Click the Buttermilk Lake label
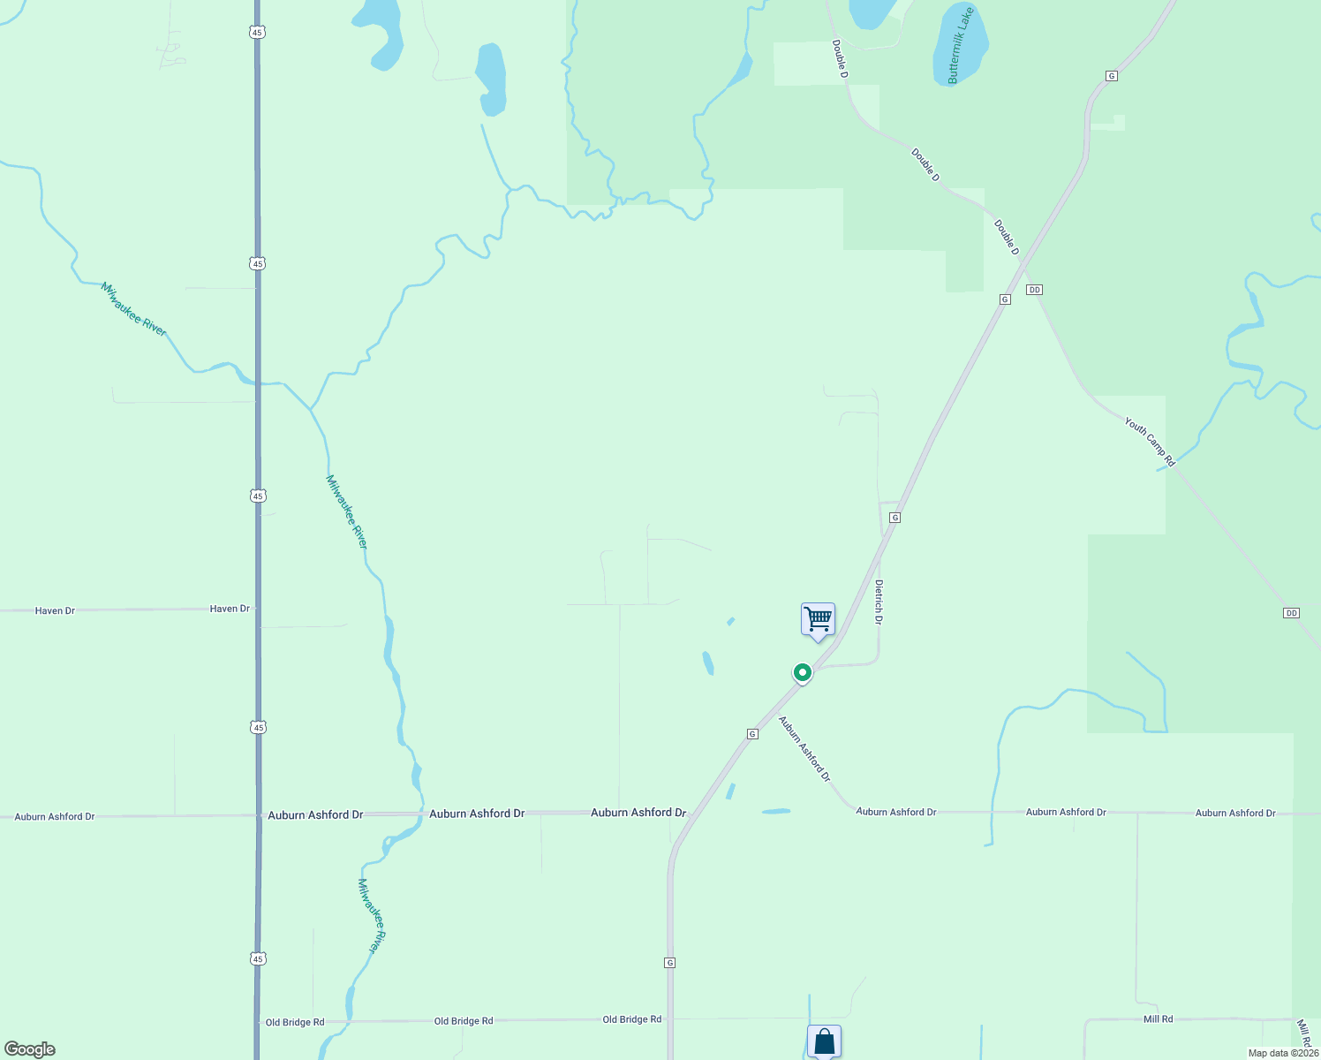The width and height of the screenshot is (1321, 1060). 960,46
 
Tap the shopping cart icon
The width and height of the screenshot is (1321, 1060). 818,619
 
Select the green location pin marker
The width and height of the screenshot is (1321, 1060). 802,673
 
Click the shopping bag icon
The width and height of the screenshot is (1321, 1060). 824,1041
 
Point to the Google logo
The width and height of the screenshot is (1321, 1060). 30,1049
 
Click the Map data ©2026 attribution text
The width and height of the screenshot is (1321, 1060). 1283,1053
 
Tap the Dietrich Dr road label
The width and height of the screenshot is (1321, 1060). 879,602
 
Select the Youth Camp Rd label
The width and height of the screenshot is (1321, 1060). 1150,442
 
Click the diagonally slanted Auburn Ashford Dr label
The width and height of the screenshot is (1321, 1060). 804,749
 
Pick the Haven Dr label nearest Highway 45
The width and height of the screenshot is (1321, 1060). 230,609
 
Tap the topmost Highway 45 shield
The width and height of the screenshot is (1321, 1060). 256,32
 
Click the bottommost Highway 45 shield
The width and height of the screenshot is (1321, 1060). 257,958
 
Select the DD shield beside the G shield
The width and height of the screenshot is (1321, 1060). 1035,290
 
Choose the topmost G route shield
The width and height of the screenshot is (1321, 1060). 1111,76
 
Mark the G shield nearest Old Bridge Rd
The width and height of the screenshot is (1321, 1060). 670,962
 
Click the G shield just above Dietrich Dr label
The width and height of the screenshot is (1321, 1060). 895,517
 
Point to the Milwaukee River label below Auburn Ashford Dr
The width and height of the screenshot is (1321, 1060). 373,916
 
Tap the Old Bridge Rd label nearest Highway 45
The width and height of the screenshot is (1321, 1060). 295,1022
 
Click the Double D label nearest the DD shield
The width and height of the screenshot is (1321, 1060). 1007,238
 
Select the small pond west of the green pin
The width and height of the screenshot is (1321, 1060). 707,662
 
